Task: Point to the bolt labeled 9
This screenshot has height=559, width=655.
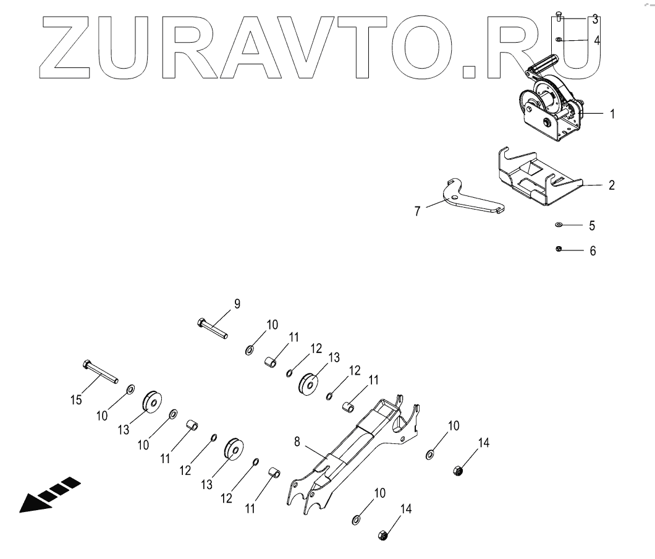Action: pos(213,328)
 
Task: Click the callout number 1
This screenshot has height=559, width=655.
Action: pos(612,114)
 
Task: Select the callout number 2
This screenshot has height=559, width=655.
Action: pos(611,185)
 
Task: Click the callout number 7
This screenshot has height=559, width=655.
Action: pos(418,211)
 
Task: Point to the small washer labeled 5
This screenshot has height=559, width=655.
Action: pos(559,225)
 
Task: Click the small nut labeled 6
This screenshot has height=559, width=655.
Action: pos(558,249)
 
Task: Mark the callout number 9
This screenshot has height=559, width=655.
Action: pos(237,304)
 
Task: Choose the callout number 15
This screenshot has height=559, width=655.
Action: pos(76,401)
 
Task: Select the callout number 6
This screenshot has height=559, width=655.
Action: pos(593,252)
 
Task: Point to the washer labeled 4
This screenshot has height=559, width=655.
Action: pos(559,40)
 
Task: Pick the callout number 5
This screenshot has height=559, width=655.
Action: pos(592,226)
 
